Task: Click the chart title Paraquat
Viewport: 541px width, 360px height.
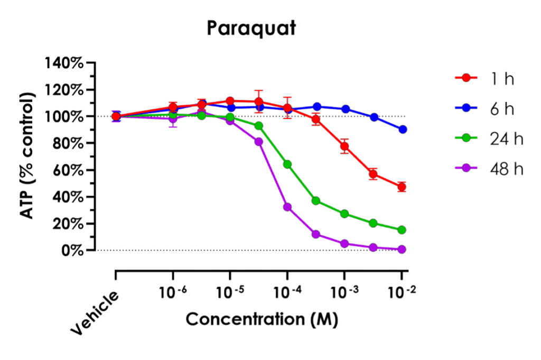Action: pos(251,29)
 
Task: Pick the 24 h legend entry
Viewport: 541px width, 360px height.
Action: pos(484,139)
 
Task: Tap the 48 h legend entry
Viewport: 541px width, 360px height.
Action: pos(484,169)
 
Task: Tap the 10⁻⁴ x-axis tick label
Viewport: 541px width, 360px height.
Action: pos(287,291)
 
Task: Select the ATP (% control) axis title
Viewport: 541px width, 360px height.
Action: pos(29,156)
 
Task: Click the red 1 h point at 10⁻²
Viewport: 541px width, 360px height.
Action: pos(402,187)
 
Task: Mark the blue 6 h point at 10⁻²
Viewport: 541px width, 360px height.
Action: pos(402,129)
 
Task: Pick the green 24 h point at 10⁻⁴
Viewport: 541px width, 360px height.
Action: pos(287,164)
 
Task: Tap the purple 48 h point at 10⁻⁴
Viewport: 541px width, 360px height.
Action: pos(287,207)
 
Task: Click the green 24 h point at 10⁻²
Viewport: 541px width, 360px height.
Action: pos(402,230)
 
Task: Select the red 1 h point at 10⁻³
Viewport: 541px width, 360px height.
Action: pos(344,146)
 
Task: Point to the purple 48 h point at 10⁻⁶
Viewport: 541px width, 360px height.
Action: pos(173,119)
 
